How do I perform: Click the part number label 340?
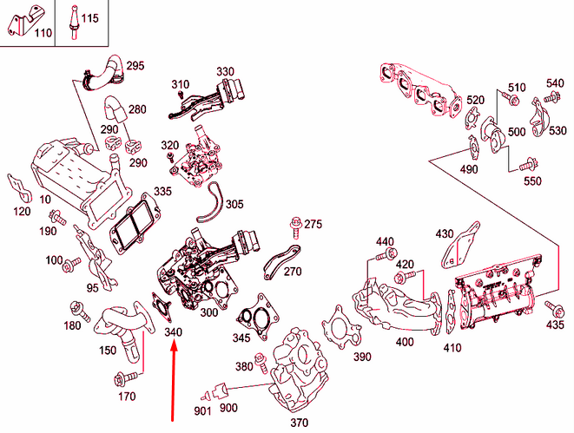point(174,332)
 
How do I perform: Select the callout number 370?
point(300,423)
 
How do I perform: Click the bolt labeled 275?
point(296,228)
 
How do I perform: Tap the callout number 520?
point(474,101)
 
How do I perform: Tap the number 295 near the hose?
point(135,66)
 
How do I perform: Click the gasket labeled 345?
point(254,312)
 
